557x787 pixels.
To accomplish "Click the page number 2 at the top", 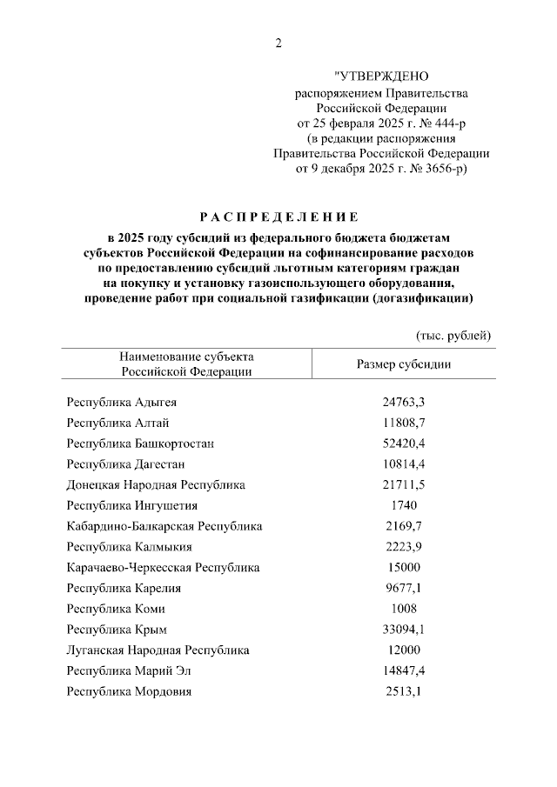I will [x=278, y=43].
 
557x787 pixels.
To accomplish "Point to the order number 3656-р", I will [x=442, y=169].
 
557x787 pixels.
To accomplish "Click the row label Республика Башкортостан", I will [x=140, y=444].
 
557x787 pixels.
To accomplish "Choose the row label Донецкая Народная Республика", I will [x=156, y=484].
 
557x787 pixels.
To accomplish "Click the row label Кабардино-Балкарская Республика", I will [x=164, y=526].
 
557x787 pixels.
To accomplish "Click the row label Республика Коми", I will [x=116, y=609].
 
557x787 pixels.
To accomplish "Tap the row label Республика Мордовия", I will [x=129, y=691].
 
